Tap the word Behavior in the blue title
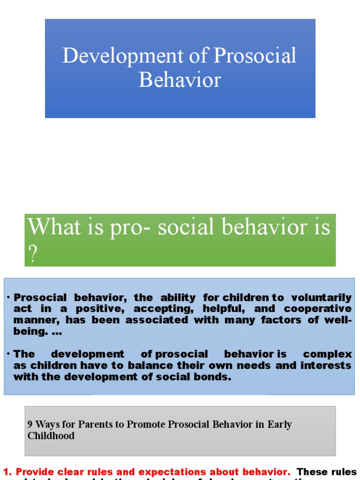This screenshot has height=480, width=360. click(x=180, y=80)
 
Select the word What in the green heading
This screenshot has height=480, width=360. click(x=49, y=227)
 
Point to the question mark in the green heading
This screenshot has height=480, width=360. click(x=32, y=255)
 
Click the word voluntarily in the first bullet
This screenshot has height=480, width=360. click(x=321, y=298)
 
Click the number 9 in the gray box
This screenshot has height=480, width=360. click(x=30, y=425)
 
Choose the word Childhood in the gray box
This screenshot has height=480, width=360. click(x=51, y=436)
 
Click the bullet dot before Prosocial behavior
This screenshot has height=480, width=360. click(x=8, y=298)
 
